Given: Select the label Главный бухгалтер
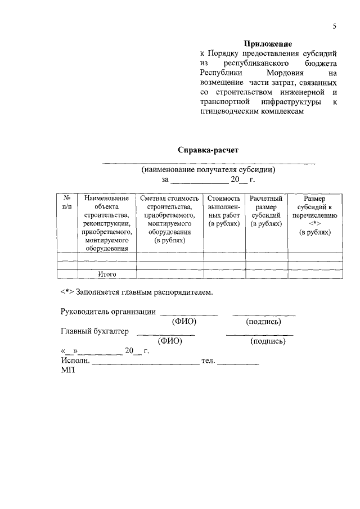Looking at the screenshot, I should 94,331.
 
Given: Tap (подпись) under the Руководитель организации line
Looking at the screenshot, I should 263,322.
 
